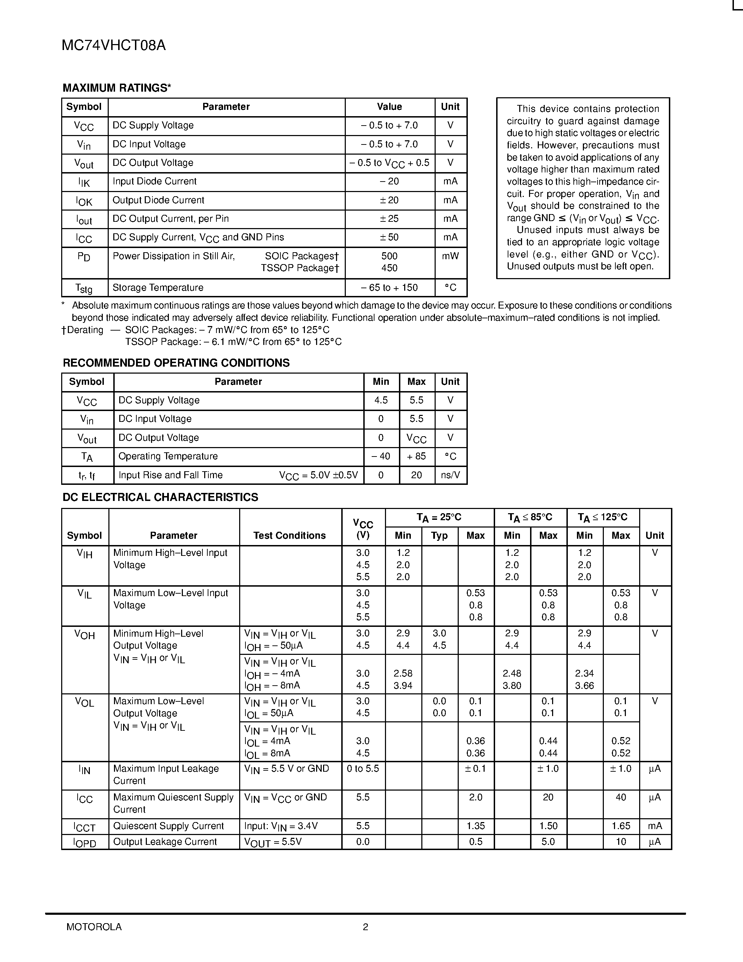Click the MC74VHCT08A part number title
114,45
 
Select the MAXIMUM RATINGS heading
117,88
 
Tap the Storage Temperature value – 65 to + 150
389,288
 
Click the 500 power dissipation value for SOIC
389,256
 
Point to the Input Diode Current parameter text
155,181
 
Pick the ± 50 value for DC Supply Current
389,237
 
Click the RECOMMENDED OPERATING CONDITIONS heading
176,363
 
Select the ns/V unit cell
450,475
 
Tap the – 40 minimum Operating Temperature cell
381,456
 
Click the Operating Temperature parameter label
168,456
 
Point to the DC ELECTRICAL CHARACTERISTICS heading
160,497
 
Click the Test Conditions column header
289,536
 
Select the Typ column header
439,536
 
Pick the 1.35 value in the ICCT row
476,826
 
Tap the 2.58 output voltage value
403,673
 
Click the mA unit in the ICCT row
655,826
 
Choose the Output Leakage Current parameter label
165,842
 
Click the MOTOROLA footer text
94,927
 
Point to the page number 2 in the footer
365,927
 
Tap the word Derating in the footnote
85,330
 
